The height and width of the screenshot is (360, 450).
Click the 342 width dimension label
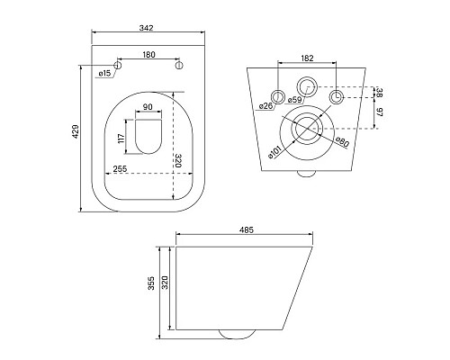pyautogui.click(x=147, y=28)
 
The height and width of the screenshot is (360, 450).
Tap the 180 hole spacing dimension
pyautogui.click(x=148, y=55)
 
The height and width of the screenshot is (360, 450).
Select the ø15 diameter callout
pyautogui.click(x=104, y=73)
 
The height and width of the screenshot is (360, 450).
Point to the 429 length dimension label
pyautogui.click(x=76, y=131)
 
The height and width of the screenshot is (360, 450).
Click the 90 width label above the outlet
pyautogui.click(x=148, y=107)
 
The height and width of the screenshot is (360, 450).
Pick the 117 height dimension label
pyautogui.click(x=121, y=139)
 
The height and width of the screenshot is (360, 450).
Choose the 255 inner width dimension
pyautogui.click(x=120, y=169)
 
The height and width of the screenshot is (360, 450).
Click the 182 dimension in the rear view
pyautogui.click(x=307, y=58)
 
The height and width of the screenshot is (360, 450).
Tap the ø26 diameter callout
pyautogui.click(x=265, y=106)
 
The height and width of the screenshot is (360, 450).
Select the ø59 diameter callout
pyautogui.click(x=294, y=100)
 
